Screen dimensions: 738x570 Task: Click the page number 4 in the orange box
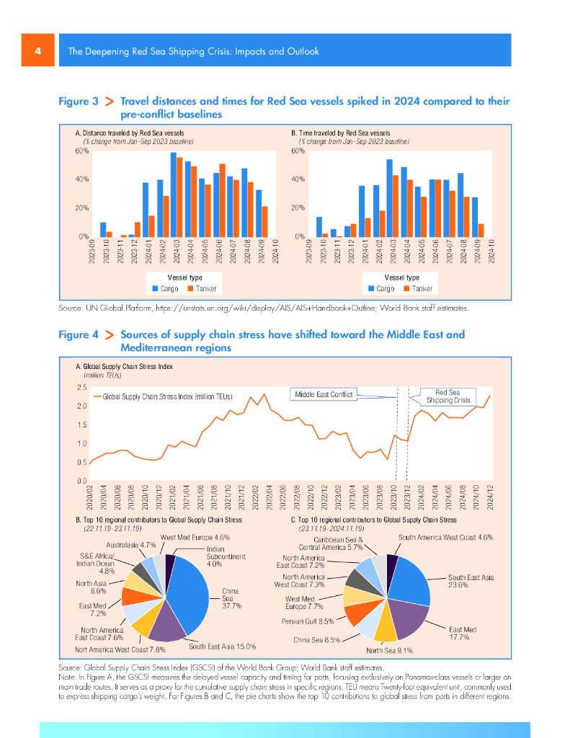[x=37, y=51]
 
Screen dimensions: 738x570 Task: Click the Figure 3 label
[x=78, y=102]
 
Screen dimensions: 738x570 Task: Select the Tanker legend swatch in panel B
[x=406, y=289]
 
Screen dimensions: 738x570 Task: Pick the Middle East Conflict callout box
[x=325, y=394]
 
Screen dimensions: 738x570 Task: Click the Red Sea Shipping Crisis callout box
[x=447, y=396]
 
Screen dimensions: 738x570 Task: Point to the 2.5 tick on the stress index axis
[x=81, y=388]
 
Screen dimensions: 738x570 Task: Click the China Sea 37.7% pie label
[x=231, y=598]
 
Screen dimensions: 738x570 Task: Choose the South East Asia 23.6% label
[x=471, y=582]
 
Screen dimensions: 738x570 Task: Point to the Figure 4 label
[x=78, y=335]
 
